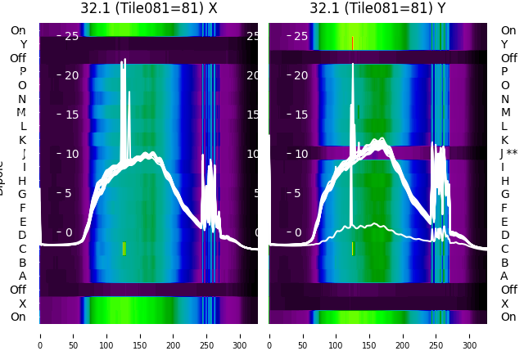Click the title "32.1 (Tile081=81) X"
click(149, 8)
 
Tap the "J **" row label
click(508, 154)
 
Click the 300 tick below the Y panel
click(470, 335)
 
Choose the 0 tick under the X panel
click(40, 335)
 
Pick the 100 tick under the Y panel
click(337, 335)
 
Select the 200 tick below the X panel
click(174, 335)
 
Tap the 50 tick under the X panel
click(74, 335)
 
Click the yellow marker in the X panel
click(124, 249)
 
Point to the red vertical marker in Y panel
click(352, 43)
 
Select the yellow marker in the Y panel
click(352, 249)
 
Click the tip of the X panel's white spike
click(124, 59)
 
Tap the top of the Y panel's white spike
click(353, 64)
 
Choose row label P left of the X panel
click(23, 72)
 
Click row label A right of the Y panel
click(504, 277)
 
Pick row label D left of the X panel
click(23, 236)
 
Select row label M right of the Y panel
click(505, 113)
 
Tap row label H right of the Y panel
click(505, 181)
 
